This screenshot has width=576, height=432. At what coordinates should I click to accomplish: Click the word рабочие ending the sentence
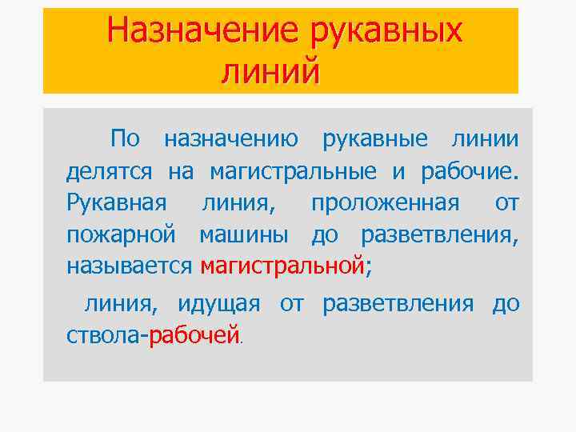click(x=474, y=171)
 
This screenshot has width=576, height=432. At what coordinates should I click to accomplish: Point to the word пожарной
click(x=120, y=235)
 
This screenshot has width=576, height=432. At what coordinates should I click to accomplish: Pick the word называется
click(x=129, y=266)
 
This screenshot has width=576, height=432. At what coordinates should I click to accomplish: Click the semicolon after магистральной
click(x=368, y=268)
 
